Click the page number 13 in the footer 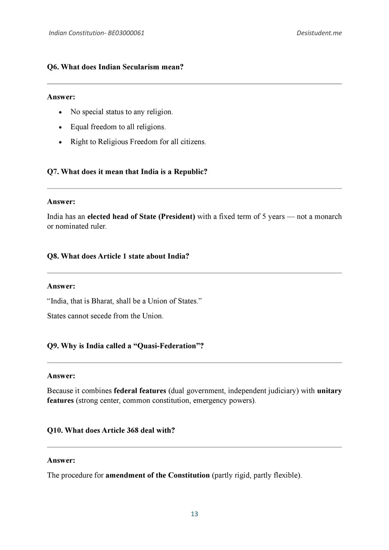coord(194,514)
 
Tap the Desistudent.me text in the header coord(319,33)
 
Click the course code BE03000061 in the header coord(126,33)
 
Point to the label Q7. coord(53,172)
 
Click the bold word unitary coord(329,391)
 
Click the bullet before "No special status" coord(60,112)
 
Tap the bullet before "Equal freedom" coord(60,127)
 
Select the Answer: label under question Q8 coord(61,286)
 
